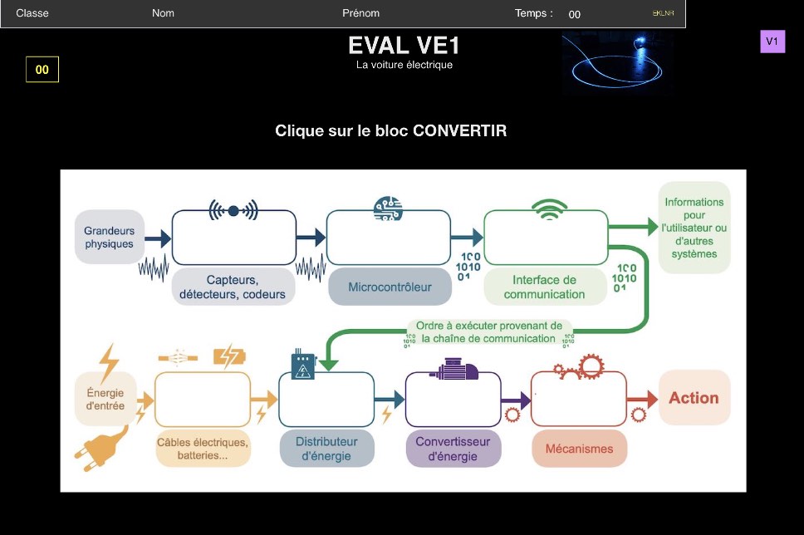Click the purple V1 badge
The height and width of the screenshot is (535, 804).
point(772,41)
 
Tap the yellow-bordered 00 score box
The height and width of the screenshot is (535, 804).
point(42,69)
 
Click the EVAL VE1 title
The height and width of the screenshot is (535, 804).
point(404,46)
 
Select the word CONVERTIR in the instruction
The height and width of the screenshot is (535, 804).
point(459,130)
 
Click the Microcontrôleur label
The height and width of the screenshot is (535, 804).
point(390,287)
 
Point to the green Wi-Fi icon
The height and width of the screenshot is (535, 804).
point(549,209)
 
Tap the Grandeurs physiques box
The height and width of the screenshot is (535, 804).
point(109,237)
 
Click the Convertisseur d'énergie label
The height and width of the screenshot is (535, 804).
point(453,449)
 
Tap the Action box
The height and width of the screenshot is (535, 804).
point(694,398)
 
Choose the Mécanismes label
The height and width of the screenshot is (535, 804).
point(580,449)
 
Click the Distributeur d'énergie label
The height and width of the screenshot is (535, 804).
point(326,449)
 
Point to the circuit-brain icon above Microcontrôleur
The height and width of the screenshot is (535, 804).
point(388,209)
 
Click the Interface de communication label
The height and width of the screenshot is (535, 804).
point(545,287)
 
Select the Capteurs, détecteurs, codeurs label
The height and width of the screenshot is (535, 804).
point(233,287)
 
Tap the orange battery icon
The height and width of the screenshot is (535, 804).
point(229,356)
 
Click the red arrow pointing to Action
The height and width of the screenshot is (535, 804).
point(642,399)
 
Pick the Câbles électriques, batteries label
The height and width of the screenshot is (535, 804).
point(203,449)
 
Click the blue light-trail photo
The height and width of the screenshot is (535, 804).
point(617,63)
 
